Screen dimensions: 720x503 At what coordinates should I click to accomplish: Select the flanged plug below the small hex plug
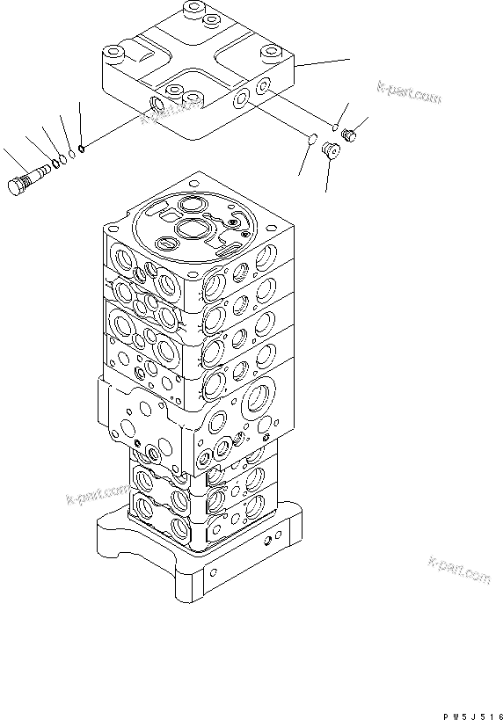pyautogui.click(x=332, y=151)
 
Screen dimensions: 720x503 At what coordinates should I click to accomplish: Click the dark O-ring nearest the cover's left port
pyautogui.click(x=81, y=148)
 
